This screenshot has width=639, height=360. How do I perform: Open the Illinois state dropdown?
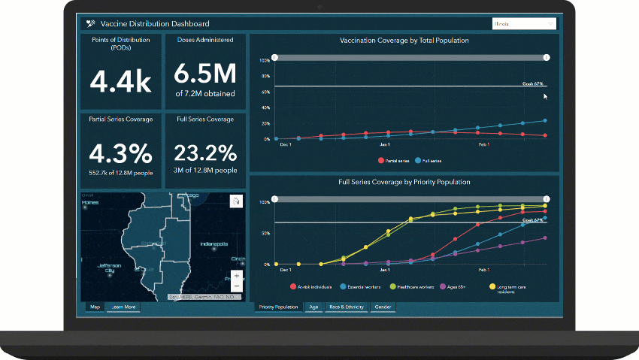click(524, 23)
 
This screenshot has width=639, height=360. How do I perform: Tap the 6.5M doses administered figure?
click(205, 74)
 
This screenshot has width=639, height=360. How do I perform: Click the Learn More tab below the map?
click(123, 307)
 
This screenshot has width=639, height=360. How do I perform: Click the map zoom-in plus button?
click(237, 276)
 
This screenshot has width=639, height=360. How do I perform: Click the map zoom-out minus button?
click(237, 286)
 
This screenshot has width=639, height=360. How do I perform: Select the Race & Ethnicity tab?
click(346, 307)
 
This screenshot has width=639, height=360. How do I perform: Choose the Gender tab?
click(382, 307)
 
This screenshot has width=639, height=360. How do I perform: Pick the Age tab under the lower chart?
click(313, 307)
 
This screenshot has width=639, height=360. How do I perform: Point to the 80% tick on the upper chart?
click(265, 76)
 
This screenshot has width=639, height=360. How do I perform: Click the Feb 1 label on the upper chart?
click(483, 144)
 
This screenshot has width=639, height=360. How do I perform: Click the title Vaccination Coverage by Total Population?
click(404, 41)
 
